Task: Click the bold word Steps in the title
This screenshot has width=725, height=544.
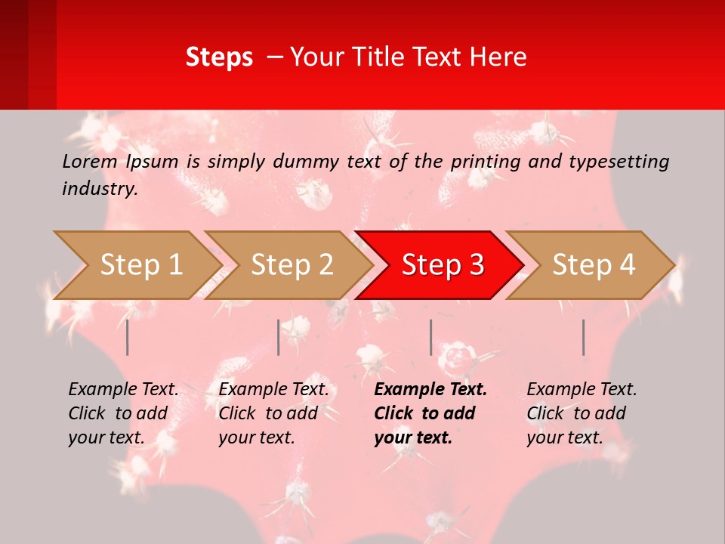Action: pos(219,57)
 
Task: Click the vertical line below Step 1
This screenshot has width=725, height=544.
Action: pos(128,337)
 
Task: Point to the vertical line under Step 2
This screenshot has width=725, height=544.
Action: pos(279,337)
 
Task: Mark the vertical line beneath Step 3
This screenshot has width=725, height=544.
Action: pos(431,337)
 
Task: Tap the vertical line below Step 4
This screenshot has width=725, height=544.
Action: pos(584,337)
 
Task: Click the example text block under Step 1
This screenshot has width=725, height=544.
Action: pos(123,413)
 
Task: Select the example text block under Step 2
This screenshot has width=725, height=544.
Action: pos(273,413)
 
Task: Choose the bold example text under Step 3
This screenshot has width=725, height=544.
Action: pos(430,413)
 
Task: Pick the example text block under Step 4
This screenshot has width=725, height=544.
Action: pos(582,413)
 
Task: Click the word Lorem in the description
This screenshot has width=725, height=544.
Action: pos(89,162)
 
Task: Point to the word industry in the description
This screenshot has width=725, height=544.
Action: pos(100,189)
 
